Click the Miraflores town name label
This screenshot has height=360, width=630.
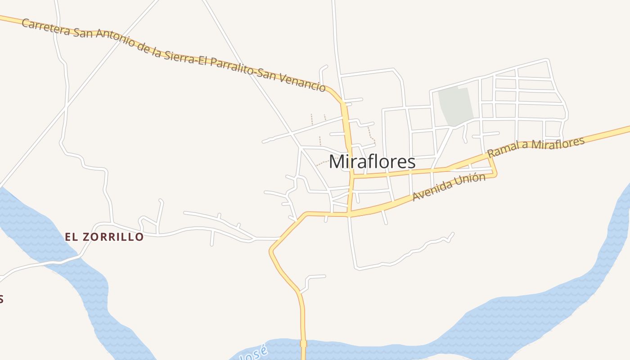pyautogui.click(x=372, y=162)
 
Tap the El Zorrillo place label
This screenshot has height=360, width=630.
pyautogui.click(x=104, y=237)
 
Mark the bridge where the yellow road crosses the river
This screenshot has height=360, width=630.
pyautogui.click(x=303, y=344)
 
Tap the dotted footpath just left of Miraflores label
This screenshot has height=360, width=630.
pyautogui.click(x=322, y=163)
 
